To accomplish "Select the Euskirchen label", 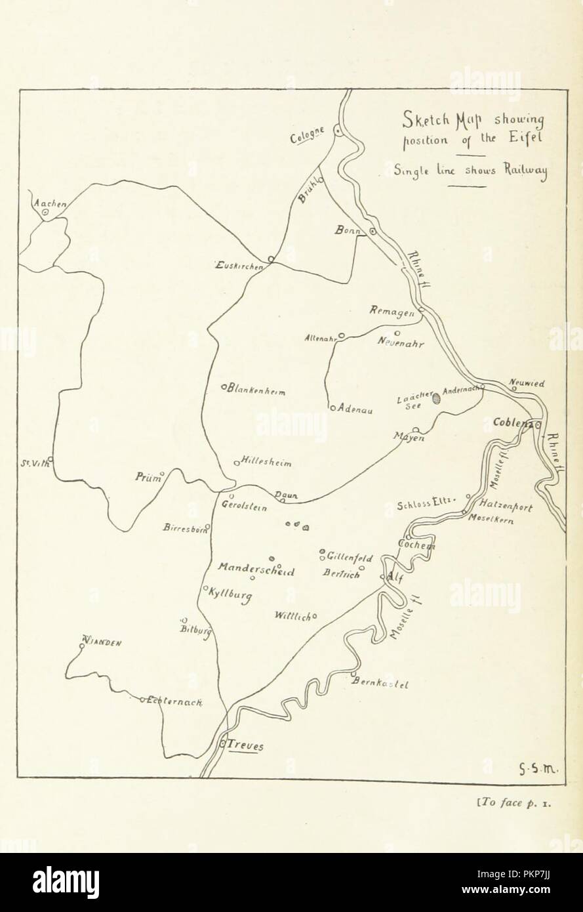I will [239, 266].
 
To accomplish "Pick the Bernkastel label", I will [382, 684].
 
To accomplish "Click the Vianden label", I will [103, 643].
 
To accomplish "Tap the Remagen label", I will [392, 313].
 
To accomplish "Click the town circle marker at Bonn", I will [372, 231].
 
